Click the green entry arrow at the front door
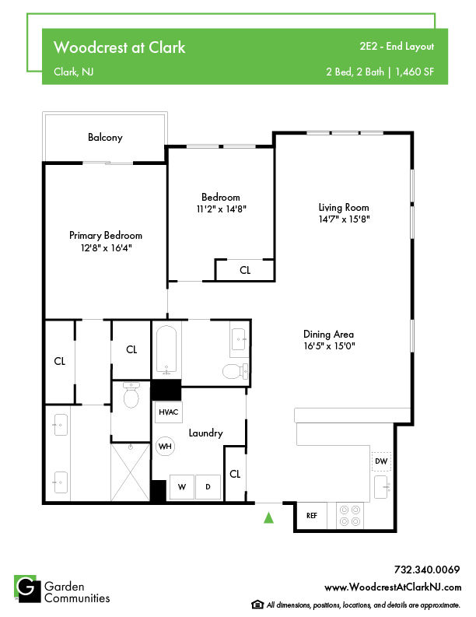pyautogui.click(x=268, y=517)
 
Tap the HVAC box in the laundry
pyautogui.click(x=168, y=412)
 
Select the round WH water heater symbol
pyautogui.click(x=165, y=447)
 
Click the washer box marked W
pyautogui.click(x=182, y=487)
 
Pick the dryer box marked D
pyautogui.click(x=208, y=487)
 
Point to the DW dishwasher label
pyautogui.click(x=381, y=461)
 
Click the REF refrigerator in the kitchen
pyautogui.click(x=312, y=516)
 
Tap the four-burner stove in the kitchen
pyautogui.click(x=350, y=516)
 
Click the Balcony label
pyautogui.click(x=105, y=138)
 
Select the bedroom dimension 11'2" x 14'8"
pyautogui.click(x=221, y=209)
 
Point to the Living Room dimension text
pyautogui.click(x=345, y=219)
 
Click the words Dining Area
pyautogui.click(x=328, y=335)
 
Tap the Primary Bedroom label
pyautogui.click(x=106, y=236)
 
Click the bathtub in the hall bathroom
pyautogui.click(x=166, y=349)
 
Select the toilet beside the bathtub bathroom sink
pyautogui.click(x=235, y=370)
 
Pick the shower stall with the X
pyautogui.click(x=131, y=472)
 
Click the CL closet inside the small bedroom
pyautogui.click(x=245, y=270)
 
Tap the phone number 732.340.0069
pyautogui.click(x=427, y=570)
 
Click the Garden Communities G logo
pyautogui.click(x=27, y=589)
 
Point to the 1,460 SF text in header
pyautogui.click(x=415, y=72)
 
